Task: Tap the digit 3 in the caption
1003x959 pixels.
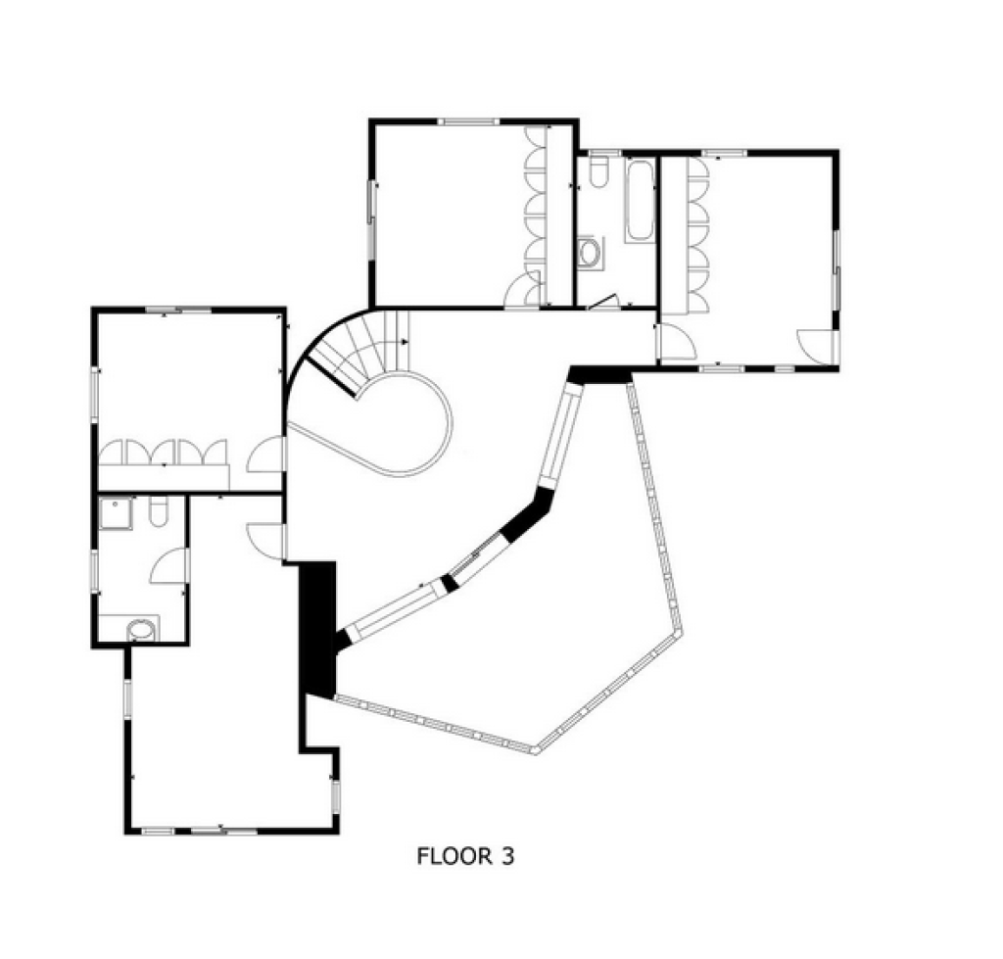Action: pos(507,856)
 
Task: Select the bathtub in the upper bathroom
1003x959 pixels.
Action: pos(640,202)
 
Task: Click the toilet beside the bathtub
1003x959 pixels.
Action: pos(598,171)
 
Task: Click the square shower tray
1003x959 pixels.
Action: pos(117,513)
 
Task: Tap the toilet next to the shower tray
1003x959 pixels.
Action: pos(158,511)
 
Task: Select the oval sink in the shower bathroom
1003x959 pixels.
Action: pos(141,630)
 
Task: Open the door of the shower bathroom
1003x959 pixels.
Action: pos(167,566)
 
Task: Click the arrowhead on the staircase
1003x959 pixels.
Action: pos(405,342)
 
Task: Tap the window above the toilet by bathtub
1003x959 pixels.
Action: pos(605,153)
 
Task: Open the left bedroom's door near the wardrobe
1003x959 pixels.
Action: pos(264,455)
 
